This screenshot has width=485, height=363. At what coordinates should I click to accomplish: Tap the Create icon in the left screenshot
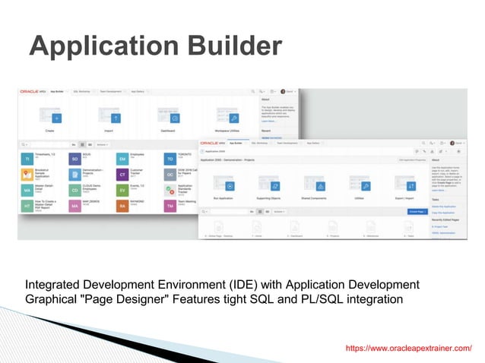tap(56, 118)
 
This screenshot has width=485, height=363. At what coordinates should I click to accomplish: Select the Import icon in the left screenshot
tap(116, 118)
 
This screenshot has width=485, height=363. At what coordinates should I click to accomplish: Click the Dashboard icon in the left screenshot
tap(175, 118)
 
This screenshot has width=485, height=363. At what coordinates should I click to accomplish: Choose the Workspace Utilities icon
tap(234, 118)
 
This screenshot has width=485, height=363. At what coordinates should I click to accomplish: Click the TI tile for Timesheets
tap(27, 159)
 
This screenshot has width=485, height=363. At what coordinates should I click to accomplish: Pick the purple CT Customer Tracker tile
tap(122, 175)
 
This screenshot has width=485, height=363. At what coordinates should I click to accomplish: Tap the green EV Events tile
tap(122, 190)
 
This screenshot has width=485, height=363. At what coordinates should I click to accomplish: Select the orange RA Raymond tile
tap(122, 206)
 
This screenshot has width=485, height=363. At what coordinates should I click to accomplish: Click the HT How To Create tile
tap(27, 206)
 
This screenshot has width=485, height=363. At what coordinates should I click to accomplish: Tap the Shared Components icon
tap(321, 185)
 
